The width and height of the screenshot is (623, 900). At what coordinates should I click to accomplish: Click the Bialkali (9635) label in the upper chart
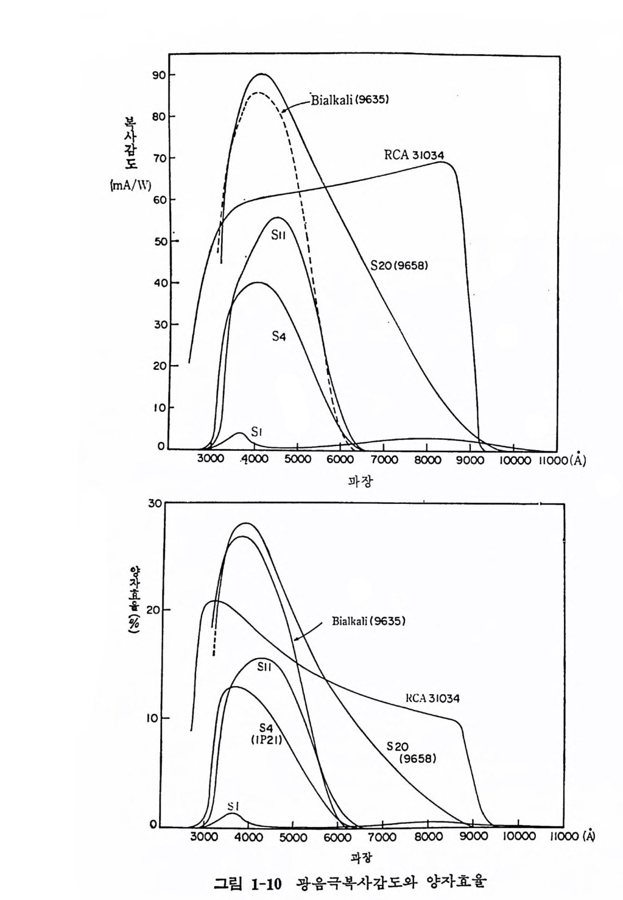coord(350,99)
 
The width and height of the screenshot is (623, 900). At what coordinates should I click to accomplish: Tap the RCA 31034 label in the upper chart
coord(414,155)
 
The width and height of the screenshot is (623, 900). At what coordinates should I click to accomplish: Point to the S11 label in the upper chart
coord(278,235)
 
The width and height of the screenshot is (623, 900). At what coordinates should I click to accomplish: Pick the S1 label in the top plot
coord(257,432)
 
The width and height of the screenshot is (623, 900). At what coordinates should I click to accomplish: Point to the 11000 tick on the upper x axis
coord(551,460)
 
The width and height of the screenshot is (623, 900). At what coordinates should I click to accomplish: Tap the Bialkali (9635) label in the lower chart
coord(368,621)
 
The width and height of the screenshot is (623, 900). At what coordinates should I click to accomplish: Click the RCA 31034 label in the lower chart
coord(432,698)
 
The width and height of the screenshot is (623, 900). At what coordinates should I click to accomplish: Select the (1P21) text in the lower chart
coord(266,739)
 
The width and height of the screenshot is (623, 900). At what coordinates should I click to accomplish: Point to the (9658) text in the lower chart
coord(417,759)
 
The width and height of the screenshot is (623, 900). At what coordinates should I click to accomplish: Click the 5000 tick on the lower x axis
coord(293,837)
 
